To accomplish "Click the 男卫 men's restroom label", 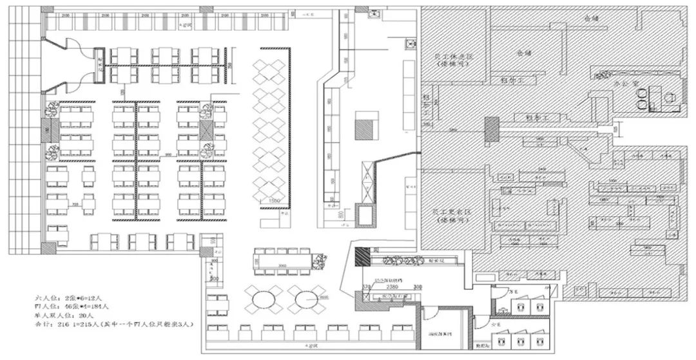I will (513, 292).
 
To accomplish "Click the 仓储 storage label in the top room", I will (591, 19).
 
